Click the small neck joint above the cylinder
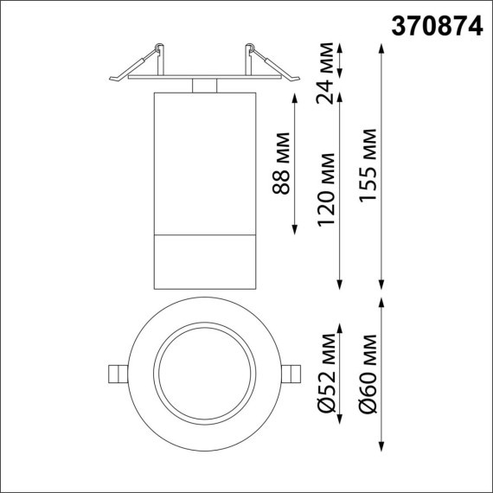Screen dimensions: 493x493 (203, 85)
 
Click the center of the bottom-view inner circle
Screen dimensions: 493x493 (203, 373)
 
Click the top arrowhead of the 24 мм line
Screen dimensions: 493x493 (340, 45)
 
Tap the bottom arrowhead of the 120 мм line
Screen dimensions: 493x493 (340, 286)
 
